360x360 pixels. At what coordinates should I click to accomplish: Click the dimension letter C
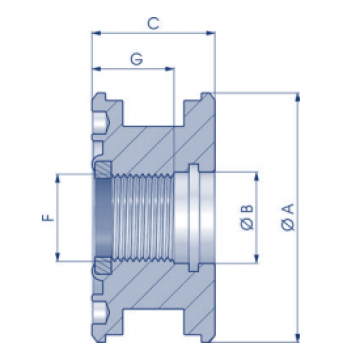point(153,23)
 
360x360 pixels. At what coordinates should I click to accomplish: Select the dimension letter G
point(137,59)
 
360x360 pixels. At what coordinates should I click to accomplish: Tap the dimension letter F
point(48,218)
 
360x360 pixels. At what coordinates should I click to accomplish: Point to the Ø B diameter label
point(247,217)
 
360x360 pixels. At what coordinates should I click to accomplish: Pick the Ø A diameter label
point(288,217)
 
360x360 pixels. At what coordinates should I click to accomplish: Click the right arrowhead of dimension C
point(210,33)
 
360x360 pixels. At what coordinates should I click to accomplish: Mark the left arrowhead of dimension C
point(96,33)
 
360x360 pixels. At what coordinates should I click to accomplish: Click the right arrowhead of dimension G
point(170,69)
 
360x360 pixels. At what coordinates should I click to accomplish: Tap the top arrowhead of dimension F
point(58,178)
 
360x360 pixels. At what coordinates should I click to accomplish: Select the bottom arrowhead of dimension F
point(58,257)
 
